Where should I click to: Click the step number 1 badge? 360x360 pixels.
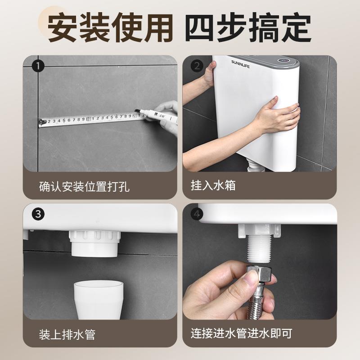[38, 66]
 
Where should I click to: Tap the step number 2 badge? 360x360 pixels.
[197, 66]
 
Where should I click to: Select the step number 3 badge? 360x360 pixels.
[38, 214]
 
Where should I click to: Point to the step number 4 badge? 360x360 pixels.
[197, 214]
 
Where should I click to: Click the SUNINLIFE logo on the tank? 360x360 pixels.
[240, 64]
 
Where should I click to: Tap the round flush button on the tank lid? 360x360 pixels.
[284, 61]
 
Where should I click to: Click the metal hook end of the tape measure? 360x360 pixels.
[41, 122]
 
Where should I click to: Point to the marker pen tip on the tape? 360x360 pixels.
[137, 111]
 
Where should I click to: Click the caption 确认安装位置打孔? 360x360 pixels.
[84, 186]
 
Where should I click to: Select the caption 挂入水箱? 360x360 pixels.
[213, 185]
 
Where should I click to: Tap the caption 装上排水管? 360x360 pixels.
[67, 334]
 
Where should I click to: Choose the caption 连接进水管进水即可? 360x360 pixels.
[241, 333]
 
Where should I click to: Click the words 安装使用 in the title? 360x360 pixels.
[110, 27]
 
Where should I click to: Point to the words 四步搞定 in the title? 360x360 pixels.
[248, 27]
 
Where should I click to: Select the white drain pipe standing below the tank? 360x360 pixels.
[99, 300]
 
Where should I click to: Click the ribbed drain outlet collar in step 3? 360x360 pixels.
[94, 243]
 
